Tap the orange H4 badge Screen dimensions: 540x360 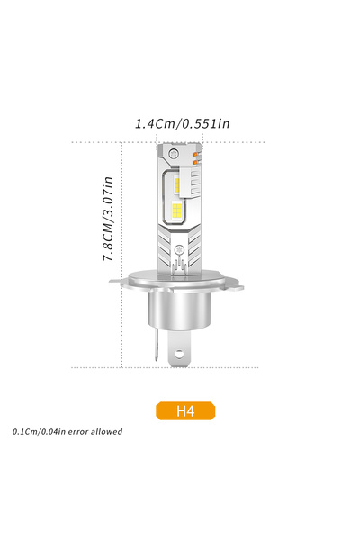[x=185, y=411]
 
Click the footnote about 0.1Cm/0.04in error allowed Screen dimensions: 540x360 [x=67, y=432]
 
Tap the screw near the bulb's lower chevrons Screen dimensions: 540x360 [x=178, y=248]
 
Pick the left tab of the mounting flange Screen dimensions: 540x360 [x=117, y=282]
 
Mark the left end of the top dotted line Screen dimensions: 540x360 [x=74, y=142]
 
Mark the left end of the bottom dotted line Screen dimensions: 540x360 [x=74, y=367]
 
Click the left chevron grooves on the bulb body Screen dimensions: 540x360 [x=164, y=243]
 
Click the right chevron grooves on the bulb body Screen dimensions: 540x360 [x=193, y=243]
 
